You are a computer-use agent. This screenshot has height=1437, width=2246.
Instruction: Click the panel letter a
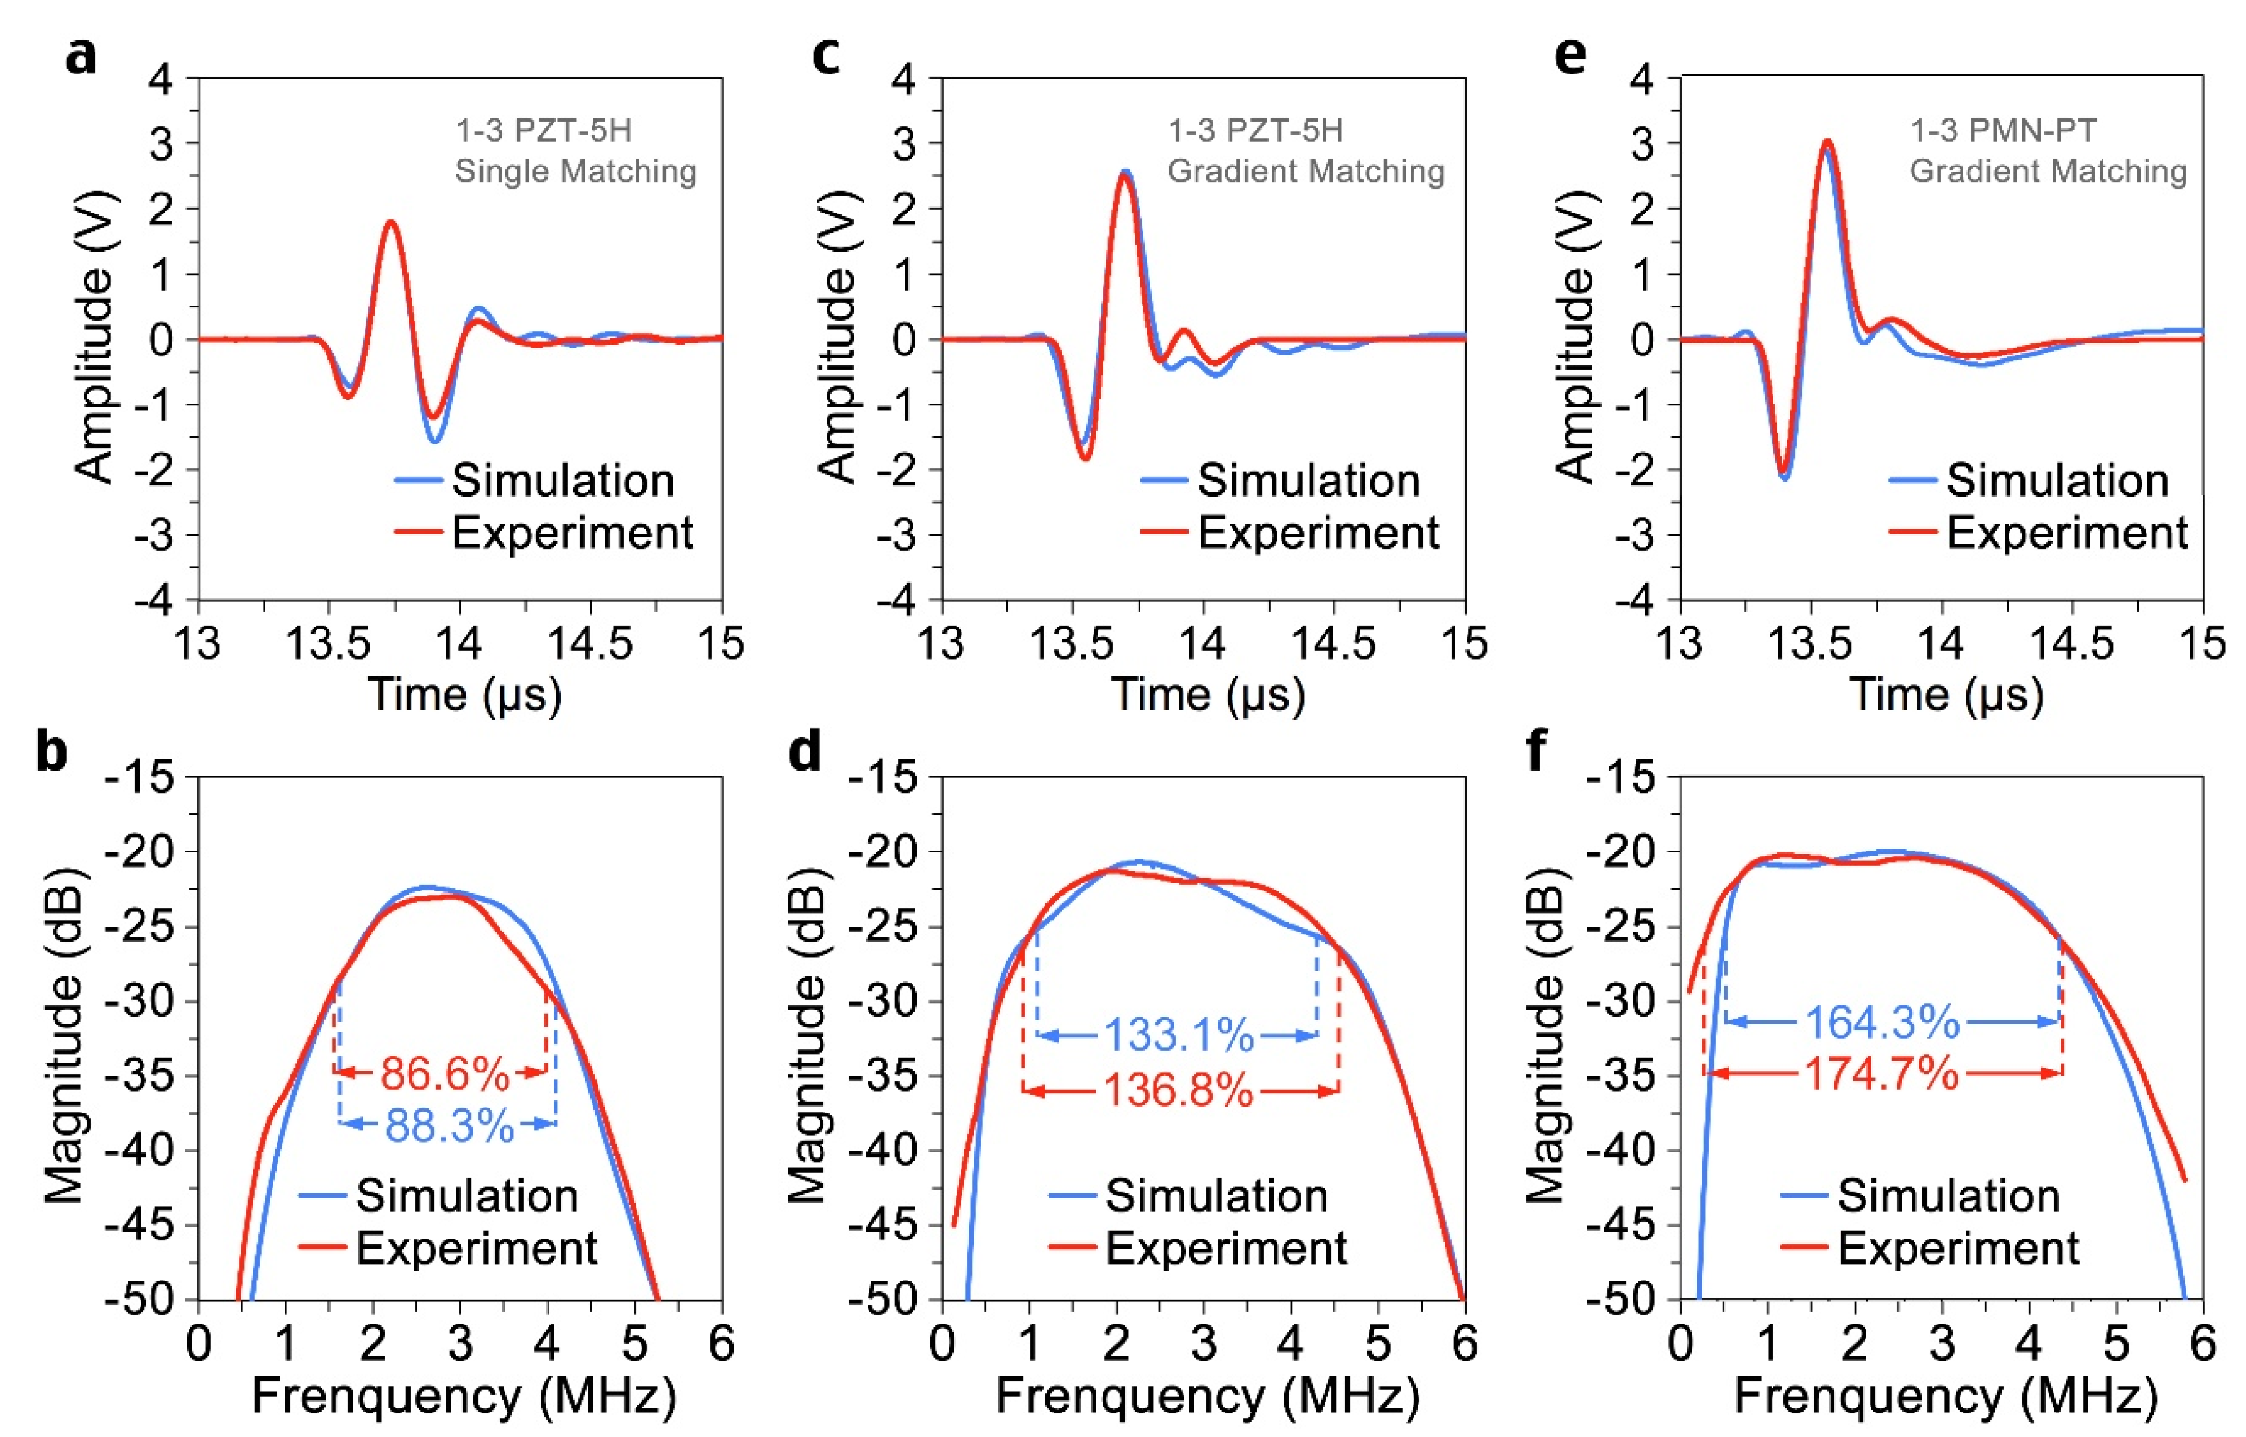pos(81,56)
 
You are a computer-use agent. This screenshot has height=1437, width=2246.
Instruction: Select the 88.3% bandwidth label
pos(449,1126)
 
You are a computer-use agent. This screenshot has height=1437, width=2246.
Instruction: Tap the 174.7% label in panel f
pos(1881,1074)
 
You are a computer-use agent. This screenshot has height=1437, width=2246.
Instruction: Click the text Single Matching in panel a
pos(575,172)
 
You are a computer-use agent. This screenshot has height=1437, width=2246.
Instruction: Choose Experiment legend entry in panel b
pos(476,1249)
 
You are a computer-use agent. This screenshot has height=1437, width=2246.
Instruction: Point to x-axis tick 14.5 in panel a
pos(590,644)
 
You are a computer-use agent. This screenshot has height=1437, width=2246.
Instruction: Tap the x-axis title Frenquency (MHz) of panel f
pos(1945,1397)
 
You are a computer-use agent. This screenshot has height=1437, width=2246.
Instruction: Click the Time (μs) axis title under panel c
pos(1207,695)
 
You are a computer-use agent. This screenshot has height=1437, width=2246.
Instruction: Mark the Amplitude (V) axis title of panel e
pos(1575,338)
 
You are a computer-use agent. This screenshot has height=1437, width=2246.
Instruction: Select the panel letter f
pos(1535,748)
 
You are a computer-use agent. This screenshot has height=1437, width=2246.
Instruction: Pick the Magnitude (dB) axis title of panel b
pos(63,1036)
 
